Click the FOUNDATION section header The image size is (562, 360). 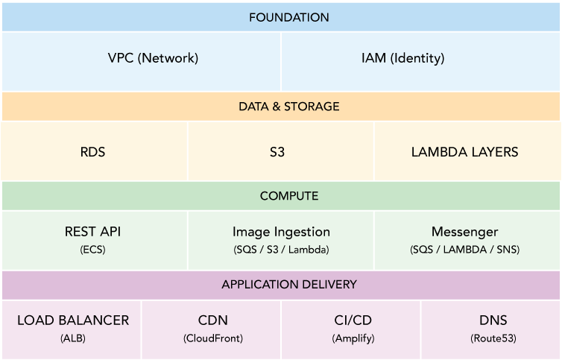click(281, 17)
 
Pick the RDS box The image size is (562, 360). click(93, 152)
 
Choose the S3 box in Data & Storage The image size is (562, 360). click(277, 152)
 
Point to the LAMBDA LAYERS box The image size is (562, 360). click(464, 152)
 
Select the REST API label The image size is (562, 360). click(93, 232)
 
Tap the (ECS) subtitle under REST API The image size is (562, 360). click(93, 250)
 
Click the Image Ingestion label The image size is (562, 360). click(281, 232)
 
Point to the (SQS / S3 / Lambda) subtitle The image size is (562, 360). click(281, 250)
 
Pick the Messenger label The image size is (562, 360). click(464, 232)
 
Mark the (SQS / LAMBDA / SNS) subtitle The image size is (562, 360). click(464, 250)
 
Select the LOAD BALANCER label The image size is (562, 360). click(73, 320)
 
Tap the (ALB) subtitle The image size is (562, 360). click(73, 338)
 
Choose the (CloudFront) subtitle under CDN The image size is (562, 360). click(212, 338)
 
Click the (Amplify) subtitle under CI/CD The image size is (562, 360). click(353, 338)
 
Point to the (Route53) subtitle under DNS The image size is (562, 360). click(493, 338)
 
